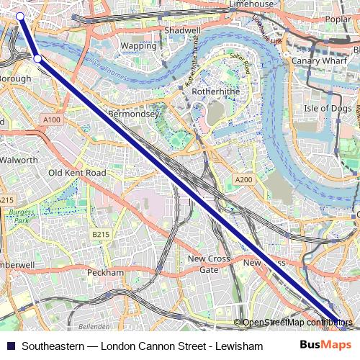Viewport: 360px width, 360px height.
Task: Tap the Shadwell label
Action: coord(181,32)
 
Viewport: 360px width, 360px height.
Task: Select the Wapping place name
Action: coord(138,45)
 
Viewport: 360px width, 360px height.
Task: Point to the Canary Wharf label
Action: coord(314,61)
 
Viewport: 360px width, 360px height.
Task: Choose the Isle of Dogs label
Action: coord(326,108)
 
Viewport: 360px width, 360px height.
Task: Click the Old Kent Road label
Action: coord(76,174)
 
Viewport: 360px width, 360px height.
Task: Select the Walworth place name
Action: coord(18,160)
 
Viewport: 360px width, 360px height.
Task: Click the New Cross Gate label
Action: coord(208,264)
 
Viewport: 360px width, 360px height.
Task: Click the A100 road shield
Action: coord(51,119)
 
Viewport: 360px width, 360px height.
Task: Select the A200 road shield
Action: coord(243,179)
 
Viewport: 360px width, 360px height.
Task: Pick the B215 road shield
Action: coord(100,235)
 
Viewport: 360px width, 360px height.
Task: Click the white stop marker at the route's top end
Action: coord(19,16)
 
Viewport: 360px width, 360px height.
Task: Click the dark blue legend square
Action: coord(9,346)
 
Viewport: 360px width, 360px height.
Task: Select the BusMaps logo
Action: coord(325,346)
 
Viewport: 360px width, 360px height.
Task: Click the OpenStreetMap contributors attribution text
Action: coord(297,323)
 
